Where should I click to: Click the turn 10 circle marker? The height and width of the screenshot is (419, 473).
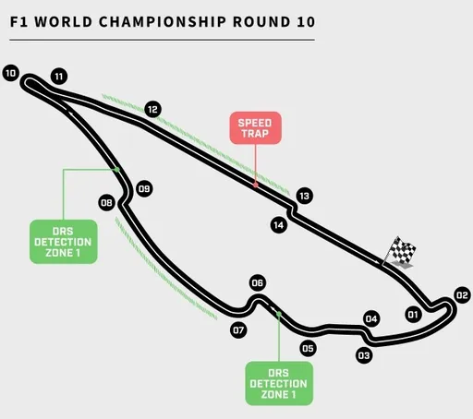[11, 73]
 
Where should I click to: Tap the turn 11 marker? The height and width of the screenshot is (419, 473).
[59, 77]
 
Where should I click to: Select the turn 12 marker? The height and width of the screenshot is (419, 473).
[152, 109]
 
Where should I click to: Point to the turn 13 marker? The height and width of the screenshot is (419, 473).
[305, 196]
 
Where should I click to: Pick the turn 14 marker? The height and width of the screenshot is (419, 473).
[279, 225]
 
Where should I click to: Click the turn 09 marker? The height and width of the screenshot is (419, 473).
[144, 188]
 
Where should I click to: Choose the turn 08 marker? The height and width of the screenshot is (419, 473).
[106, 203]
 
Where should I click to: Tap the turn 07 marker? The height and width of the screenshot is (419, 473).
[238, 330]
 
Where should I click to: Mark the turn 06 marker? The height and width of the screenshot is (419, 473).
[258, 282]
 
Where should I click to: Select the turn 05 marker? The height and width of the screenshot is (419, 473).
[308, 349]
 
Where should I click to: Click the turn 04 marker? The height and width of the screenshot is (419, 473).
[371, 319]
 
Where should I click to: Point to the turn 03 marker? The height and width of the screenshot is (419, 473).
[364, 355]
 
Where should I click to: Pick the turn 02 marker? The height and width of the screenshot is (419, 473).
[462, 295]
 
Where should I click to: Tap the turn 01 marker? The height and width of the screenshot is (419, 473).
[413, 315]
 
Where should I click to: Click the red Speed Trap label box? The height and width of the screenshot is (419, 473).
[255, 128]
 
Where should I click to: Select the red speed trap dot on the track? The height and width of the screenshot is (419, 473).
[256, 185]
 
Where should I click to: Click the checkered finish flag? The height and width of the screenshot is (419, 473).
[400, 251]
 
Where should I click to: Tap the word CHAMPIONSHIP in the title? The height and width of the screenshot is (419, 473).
[163, 22]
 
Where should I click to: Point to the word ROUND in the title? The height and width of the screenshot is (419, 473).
[261, 22]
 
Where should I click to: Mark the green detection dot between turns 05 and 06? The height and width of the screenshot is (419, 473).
[279, 314]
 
